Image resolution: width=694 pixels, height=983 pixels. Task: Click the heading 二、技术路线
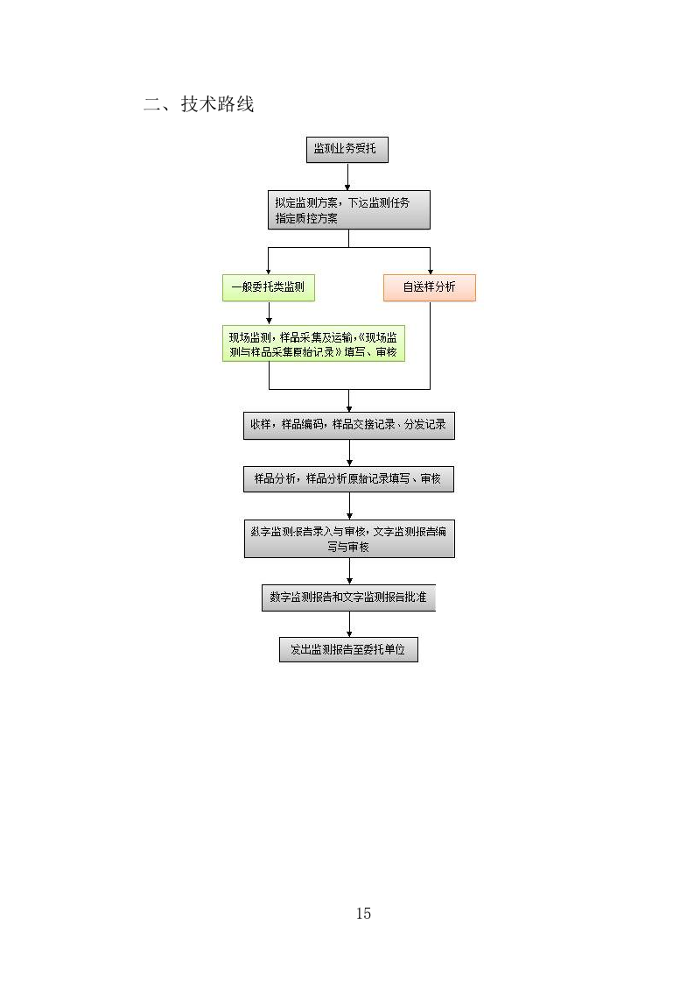tap(199, 105)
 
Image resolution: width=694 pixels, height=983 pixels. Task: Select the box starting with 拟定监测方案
tap(348, 210)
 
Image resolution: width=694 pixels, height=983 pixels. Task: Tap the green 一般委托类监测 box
tap(268, 287)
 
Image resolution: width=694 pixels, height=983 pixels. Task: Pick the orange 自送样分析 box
tap(429, 287)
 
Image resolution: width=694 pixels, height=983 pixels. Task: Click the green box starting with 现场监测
tap(312, 344)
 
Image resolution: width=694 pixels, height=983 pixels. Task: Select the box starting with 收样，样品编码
tap(348, 425)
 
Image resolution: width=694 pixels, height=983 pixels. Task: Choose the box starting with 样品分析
tap(348, 479)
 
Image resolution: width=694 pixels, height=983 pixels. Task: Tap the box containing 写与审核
tap(348, 538)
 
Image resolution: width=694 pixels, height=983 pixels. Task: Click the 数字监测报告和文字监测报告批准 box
tap(348, 598)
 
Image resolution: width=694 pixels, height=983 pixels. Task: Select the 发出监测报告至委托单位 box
tap(348, 649)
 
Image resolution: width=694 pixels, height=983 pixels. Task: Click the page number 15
tap(363, 914)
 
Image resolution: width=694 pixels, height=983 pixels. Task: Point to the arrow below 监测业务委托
tap(347, 177)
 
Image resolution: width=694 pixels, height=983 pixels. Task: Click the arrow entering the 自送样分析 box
tap(430, 265)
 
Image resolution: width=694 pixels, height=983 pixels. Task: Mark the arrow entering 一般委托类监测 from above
tap(268, 265)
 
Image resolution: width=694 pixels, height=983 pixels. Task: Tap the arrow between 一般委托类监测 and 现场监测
tap(268, 313)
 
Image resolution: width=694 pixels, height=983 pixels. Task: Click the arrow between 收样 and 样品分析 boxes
tap(348, 453)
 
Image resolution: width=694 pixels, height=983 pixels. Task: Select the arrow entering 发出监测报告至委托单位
tap(348, 626)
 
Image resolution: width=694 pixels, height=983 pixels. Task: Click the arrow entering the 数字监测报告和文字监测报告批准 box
tap(348, 572)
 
